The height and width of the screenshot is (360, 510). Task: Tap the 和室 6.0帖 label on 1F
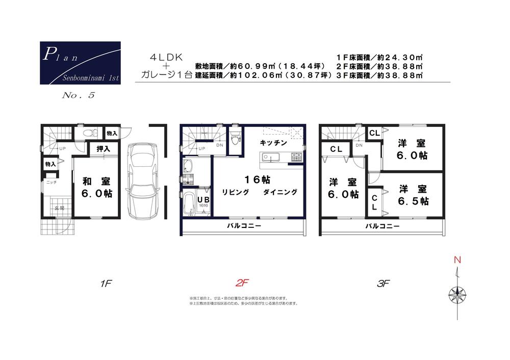[97, 187]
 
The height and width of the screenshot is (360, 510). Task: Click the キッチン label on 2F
[273, 143]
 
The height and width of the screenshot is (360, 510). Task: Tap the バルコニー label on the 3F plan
[381, 225]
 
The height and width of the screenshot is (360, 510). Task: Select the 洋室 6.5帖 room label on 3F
[414, 194]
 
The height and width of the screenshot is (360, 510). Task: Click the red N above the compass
[457, 261]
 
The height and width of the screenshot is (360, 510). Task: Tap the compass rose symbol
[457, 294]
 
